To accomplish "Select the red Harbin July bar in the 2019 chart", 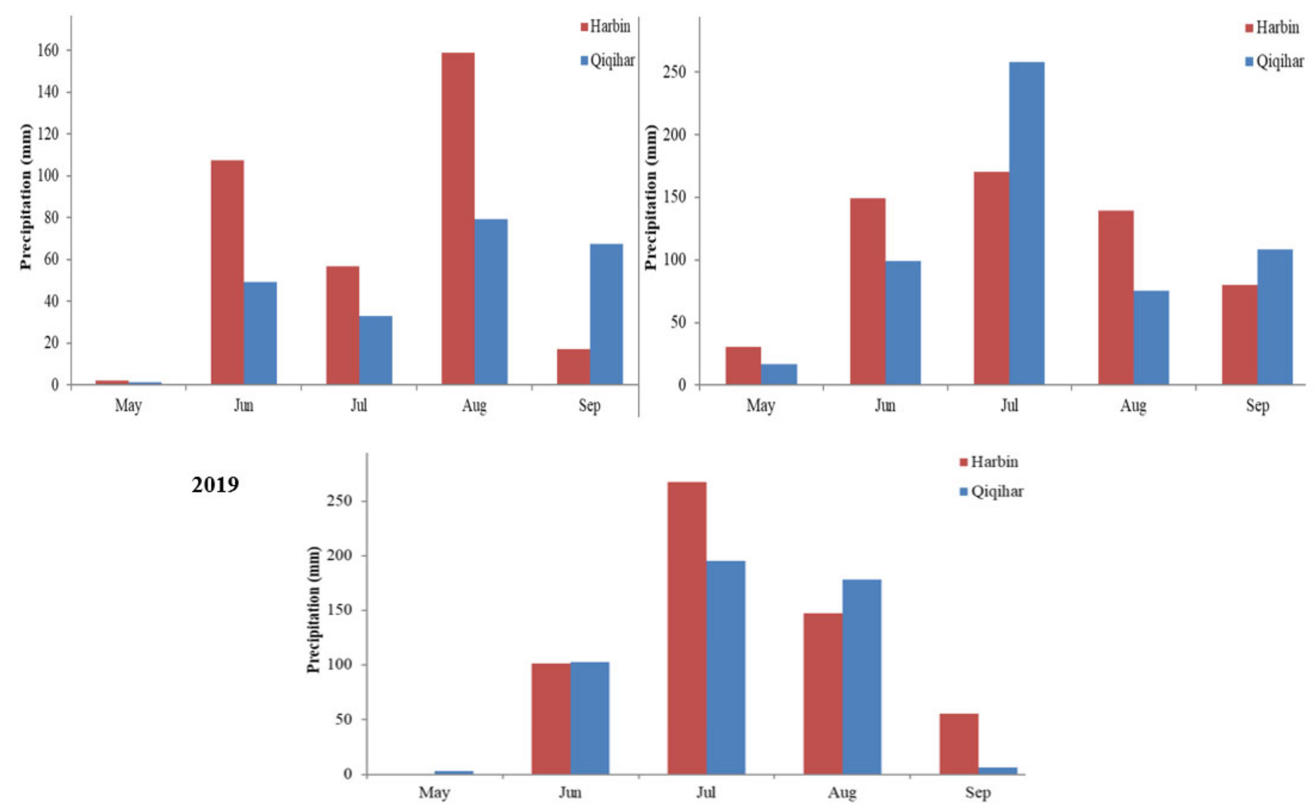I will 687,628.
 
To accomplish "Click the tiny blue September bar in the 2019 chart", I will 997,771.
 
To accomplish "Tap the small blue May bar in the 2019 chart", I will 453,772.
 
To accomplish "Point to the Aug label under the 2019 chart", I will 842,792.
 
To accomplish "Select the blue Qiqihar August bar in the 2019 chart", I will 861,677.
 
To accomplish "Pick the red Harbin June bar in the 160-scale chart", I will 227,272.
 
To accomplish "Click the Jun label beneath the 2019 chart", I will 570,792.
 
